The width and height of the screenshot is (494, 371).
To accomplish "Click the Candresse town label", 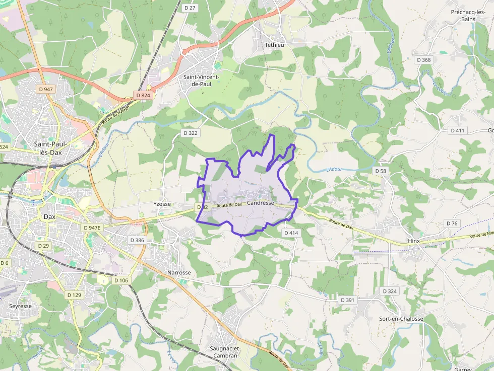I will click(x=261, y=203).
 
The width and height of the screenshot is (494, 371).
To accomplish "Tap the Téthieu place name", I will click(x=275, y=45).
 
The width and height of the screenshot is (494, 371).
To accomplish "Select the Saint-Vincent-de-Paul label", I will click(x=201, y=81).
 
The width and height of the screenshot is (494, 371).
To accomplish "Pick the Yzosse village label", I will click(x=162, y=204).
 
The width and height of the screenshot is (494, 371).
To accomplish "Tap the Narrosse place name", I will click(x=179, y=273).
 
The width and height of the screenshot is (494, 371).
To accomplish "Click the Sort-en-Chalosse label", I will click(x=401, y=319).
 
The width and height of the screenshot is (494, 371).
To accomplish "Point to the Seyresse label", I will click(x=21, y=306).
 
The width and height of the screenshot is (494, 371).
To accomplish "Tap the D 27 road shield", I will click(x=190, y=8).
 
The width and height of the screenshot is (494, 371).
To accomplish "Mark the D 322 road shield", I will click(x=190, y=133).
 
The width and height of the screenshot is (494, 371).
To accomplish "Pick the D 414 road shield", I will click(x=291, y=233).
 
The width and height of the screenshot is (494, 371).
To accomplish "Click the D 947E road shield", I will click(x=92, y=228).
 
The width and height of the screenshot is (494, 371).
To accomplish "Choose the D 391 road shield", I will click(x=348, y=300).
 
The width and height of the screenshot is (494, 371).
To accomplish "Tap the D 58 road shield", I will click(x=381, y=171).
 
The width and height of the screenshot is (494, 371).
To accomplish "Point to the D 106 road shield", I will click(x=121, y=280).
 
